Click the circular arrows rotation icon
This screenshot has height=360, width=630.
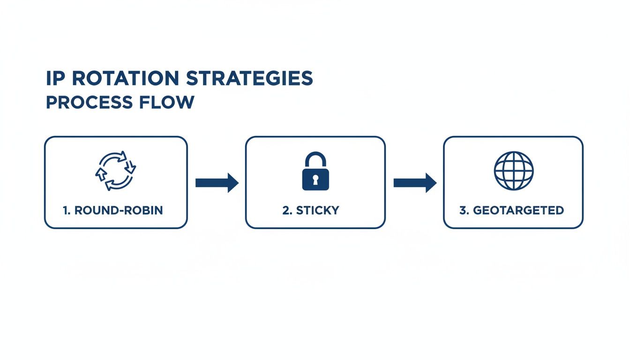[115, 171]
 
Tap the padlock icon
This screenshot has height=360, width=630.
[315, 171]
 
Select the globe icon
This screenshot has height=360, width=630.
[514, 170]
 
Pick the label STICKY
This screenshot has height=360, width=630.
[317, 210]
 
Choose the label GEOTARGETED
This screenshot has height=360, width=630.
[518, 210]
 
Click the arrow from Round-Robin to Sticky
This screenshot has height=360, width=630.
[217, 182]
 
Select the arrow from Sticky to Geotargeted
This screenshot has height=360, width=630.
[415, 182]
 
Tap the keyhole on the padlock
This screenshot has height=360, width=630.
[315, 179]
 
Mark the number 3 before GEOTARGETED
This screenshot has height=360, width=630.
[464, 210]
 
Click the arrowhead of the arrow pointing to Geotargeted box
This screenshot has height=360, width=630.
[431, 182]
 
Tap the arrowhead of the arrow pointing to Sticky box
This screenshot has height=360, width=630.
[232, 182]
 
